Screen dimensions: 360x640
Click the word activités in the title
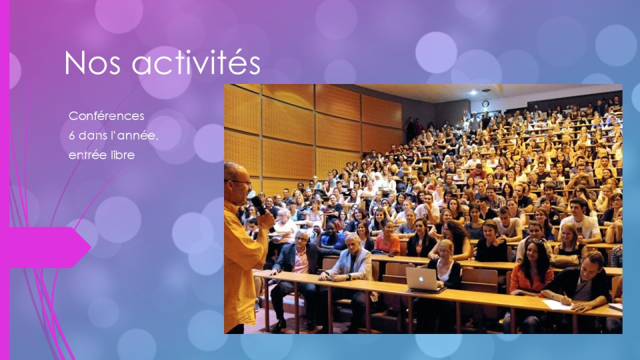point(195,63)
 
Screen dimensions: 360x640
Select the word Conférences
point(106,116)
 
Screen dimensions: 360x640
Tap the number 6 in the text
point(72,136)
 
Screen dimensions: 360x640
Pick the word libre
point(122,155)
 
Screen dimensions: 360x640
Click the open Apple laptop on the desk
point(424,278)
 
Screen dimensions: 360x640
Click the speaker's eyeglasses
point(241,181)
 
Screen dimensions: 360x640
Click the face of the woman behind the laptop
point(445,249)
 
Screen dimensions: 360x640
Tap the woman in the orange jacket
point(530,273)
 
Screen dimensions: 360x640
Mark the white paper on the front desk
point(557,304)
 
